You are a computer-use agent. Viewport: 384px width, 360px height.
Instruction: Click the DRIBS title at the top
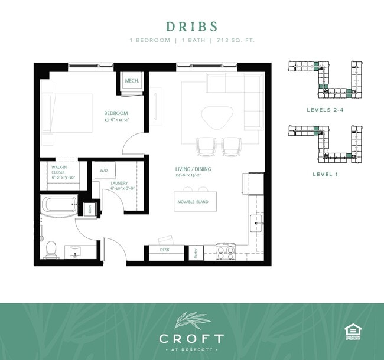[x=191, y=27]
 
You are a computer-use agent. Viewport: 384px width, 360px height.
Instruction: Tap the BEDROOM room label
[x=116, y=113]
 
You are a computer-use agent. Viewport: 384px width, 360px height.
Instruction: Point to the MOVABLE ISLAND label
[x=193, y=202]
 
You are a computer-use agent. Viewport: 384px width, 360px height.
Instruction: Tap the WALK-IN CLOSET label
[x=58, y=172]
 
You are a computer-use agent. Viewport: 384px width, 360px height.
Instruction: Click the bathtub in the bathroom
[x=59, y=205]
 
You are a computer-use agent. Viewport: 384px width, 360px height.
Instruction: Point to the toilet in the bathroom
[x=51, y=248]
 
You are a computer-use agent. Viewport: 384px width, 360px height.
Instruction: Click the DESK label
[x=165, y=250]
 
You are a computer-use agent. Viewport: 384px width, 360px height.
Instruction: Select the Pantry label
[x=196, y=252]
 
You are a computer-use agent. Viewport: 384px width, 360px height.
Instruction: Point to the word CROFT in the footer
[x=191, y=338]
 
